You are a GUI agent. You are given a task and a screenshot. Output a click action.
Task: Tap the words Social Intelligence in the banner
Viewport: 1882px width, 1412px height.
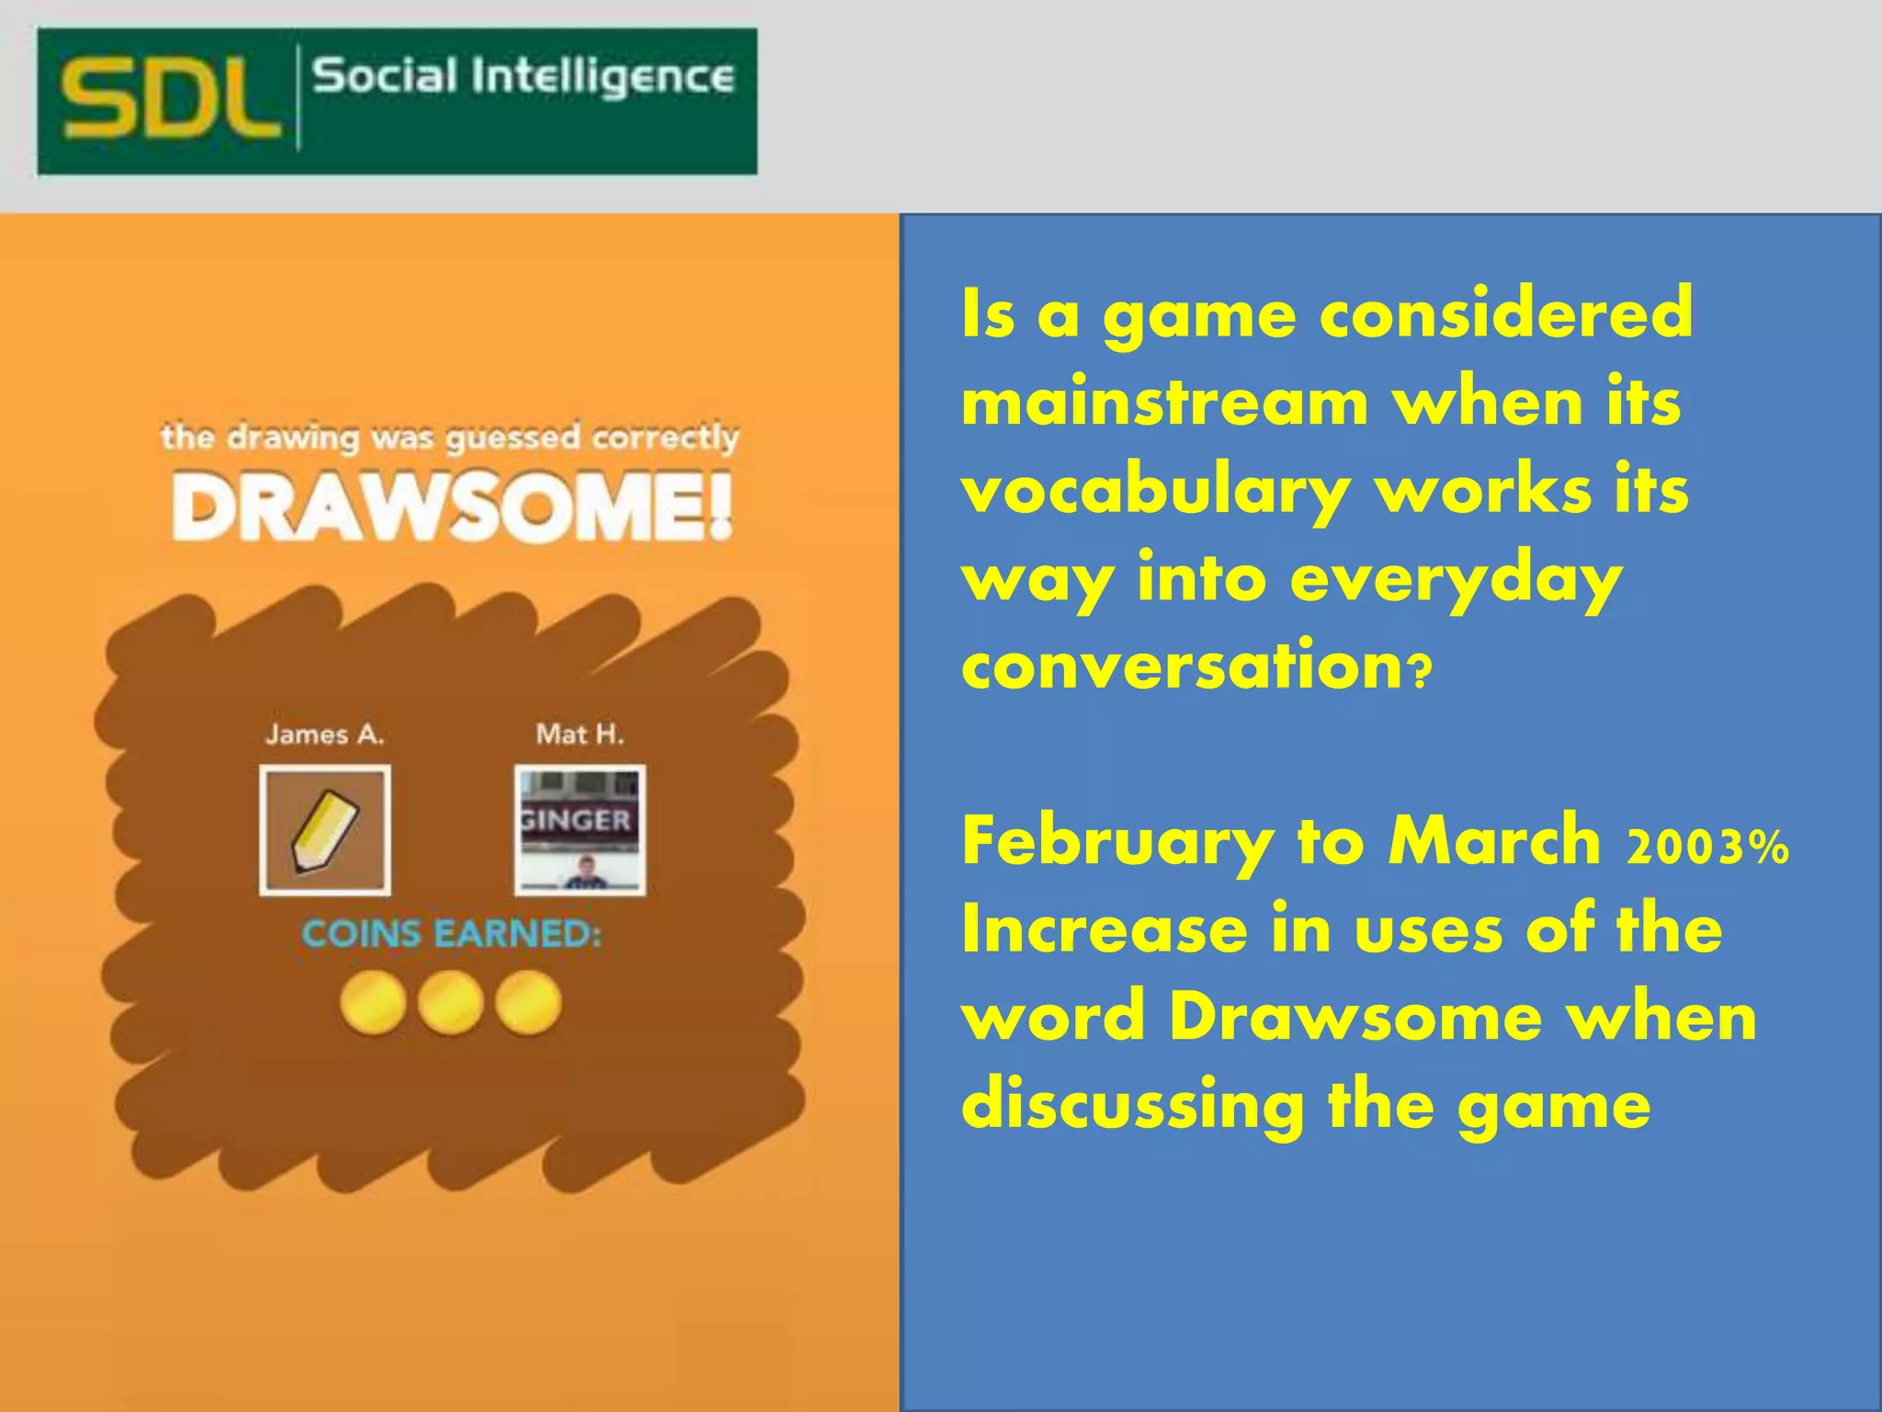coord(523,76)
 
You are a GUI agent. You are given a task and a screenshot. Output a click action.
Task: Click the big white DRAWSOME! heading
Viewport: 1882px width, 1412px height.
coord(452,507)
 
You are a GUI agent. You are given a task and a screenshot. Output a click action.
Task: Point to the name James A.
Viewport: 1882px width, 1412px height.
coord(324,734)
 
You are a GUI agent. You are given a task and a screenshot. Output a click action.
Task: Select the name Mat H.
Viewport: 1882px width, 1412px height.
coord(580,734)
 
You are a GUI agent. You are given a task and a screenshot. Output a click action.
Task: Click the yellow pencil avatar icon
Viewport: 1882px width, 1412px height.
coord(325,830)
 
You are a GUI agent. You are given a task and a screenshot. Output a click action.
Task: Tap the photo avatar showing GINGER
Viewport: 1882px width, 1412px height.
coord(580,830)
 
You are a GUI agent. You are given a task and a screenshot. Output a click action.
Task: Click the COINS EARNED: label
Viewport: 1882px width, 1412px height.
coord(451,934)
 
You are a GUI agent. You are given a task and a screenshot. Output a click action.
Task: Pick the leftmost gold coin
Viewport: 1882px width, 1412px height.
coord(372,1003)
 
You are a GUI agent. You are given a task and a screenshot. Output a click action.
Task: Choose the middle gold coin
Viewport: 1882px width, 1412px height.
coord(450,1003)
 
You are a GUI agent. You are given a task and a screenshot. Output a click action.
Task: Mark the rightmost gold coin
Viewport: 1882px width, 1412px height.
coord(528,1003)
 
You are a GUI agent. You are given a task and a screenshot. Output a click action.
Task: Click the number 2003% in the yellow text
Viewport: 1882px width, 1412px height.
coord(1707,848)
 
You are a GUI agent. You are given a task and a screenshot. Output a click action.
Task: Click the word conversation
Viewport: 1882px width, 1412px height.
coord(1182,666)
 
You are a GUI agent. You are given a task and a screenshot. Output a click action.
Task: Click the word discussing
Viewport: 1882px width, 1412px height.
coord(1132,1106)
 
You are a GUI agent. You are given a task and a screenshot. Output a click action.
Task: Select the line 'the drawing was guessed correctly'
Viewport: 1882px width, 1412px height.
coord(450,438)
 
